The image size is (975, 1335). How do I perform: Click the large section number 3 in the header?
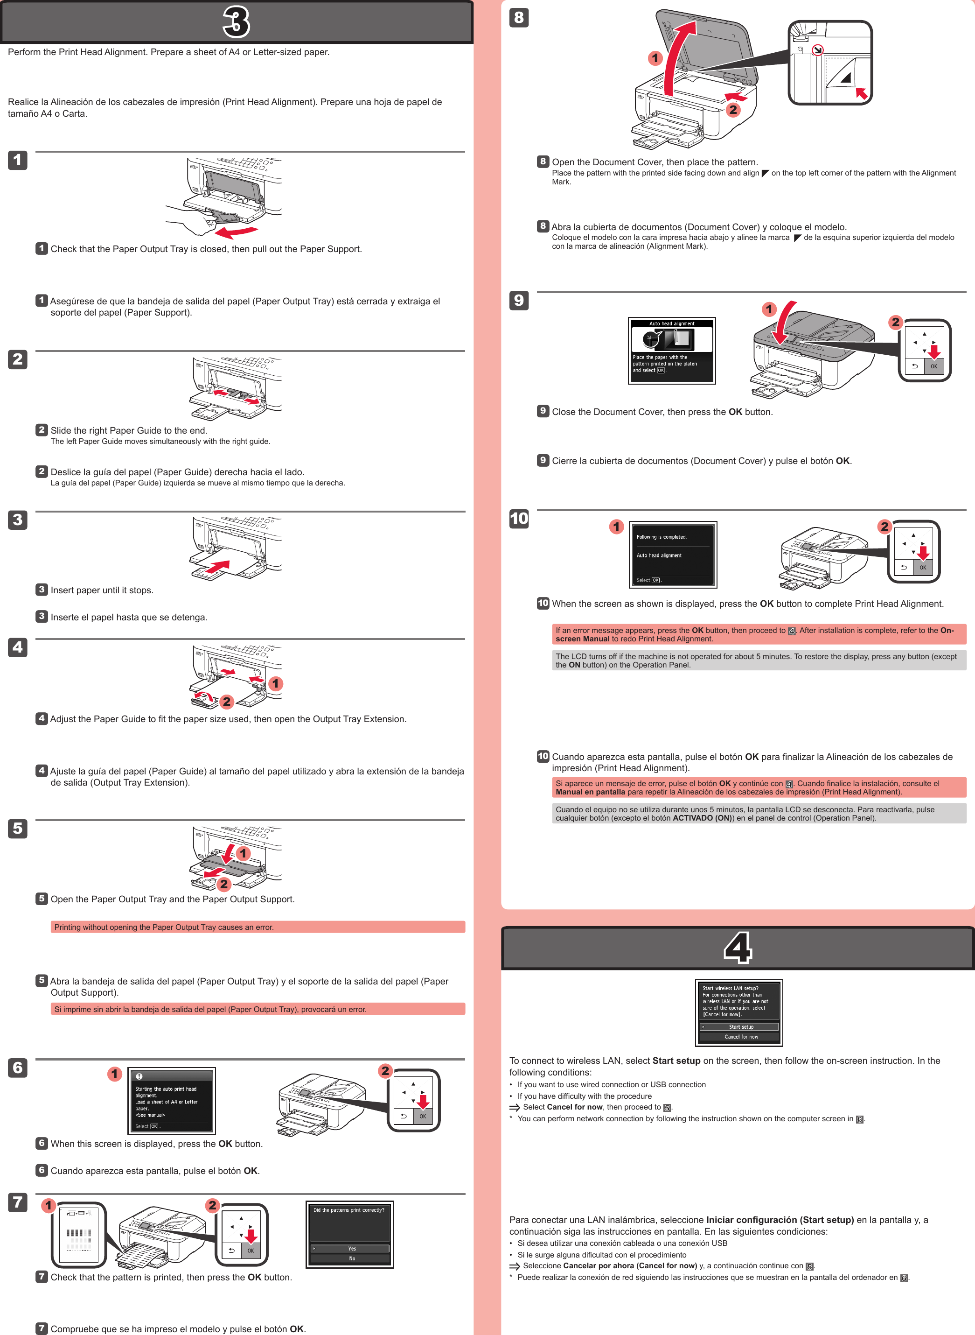236,22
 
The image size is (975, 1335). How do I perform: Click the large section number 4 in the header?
738,948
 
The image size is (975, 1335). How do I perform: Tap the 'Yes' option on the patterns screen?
351,1248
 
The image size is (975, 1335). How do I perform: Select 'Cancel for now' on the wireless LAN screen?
741,1036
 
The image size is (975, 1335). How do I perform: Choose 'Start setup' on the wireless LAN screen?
741,1027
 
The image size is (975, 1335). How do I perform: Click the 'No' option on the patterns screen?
351,1258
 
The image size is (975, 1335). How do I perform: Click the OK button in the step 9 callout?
933,366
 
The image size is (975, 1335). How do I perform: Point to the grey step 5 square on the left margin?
18,829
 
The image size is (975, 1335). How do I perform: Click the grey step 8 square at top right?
519,18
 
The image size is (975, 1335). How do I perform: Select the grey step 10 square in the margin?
519,519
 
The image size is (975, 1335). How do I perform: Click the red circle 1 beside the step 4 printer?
275,684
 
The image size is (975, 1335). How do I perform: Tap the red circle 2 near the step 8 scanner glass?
733,109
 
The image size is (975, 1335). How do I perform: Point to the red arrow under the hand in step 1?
236,231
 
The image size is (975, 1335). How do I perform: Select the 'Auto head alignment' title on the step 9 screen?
672,323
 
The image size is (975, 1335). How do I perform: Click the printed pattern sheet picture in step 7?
78,1235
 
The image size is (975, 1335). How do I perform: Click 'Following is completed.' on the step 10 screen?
661,537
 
